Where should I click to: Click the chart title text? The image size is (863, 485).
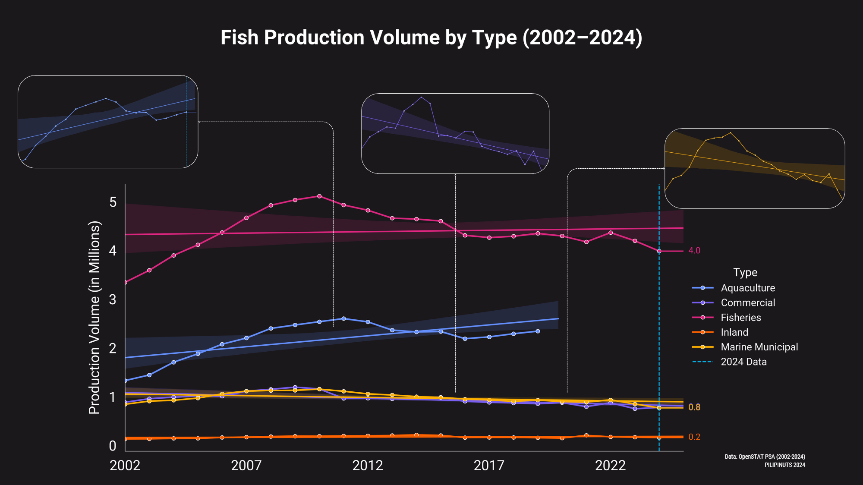coord(431,38)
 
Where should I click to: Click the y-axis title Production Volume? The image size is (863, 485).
coord(94,318)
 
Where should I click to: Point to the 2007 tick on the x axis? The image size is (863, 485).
coord(246,466)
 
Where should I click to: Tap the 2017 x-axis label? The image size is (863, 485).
coord(489,466)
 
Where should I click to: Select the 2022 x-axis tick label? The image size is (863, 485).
coord(610,466)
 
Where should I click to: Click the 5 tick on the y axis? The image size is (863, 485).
coord(113,202)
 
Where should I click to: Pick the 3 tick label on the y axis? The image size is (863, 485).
coord(113,299)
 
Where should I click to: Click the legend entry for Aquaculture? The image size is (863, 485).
coord(747,288)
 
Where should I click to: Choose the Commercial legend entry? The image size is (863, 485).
coord(747,302)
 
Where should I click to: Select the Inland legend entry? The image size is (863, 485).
coord(734,332)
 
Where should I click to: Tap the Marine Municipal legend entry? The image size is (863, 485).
coord(759,347)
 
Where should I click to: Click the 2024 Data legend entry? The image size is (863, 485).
coord(743,362)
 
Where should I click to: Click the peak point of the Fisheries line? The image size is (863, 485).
coord(319,196)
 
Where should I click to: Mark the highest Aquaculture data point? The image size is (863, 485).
coord(343,318)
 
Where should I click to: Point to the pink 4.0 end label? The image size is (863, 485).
coord(694,251)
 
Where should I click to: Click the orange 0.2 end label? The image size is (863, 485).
coord(694,437)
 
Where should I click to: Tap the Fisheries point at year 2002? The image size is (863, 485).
coord(125,282)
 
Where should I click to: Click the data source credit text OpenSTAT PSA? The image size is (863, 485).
coord(765,457)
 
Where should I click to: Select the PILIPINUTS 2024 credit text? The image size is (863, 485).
coord(784,465)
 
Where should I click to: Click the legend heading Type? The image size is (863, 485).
coord(745,272)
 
